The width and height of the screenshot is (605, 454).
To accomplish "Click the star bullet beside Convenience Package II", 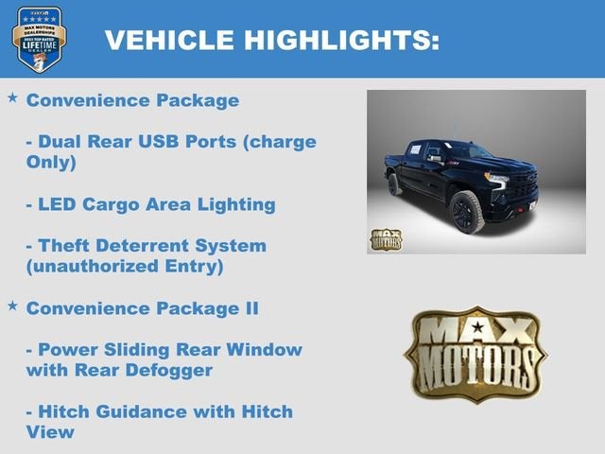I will (12, 306).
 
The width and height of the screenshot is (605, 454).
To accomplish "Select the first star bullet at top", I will (12, 97).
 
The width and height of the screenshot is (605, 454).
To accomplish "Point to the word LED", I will (57, 204).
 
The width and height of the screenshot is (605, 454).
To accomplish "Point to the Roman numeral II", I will (249, 308).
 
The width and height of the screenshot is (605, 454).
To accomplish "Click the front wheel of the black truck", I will (467, 211).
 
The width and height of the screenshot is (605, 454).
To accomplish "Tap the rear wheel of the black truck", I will (395, 183).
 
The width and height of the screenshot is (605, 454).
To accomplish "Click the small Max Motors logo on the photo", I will (385, 239).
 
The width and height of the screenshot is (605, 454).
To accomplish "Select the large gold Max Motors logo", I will (475, 353).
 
